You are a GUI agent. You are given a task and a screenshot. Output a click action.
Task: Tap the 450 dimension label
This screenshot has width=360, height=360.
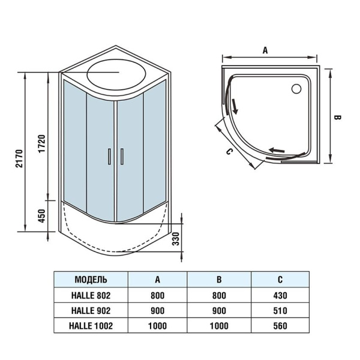(x=41, y=215)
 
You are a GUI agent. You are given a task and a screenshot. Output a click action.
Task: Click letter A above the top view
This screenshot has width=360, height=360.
(x=265, y=51)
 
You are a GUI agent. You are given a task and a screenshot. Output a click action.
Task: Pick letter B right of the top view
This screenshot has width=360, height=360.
(x=337, y=118)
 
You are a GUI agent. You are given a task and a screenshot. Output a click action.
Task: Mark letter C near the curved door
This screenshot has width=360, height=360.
(x=229, y=151)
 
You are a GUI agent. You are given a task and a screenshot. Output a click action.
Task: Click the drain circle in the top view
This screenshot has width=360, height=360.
(x=296, y=89)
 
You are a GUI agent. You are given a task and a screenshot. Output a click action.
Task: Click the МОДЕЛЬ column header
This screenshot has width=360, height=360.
(x=91, y=280)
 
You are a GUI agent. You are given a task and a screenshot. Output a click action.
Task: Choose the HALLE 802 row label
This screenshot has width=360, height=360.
(x=91, y=295)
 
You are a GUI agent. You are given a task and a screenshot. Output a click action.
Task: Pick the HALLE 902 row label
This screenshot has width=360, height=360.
(x=91, y=311)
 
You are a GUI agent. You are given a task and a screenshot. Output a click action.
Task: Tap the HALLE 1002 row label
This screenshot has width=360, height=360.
(x=91, y=326)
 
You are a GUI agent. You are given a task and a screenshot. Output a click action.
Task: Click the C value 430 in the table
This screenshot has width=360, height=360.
(x=280, y=295)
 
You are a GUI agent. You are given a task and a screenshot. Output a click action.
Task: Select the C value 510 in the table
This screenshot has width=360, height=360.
(x=280, y=311)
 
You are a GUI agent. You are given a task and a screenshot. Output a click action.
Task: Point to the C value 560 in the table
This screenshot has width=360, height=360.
(x=280, y=326)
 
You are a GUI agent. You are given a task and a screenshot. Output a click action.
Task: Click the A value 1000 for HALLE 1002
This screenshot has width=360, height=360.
(x=157, y=326)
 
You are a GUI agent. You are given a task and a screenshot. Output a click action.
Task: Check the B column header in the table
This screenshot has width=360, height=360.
(x=218, y=280)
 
